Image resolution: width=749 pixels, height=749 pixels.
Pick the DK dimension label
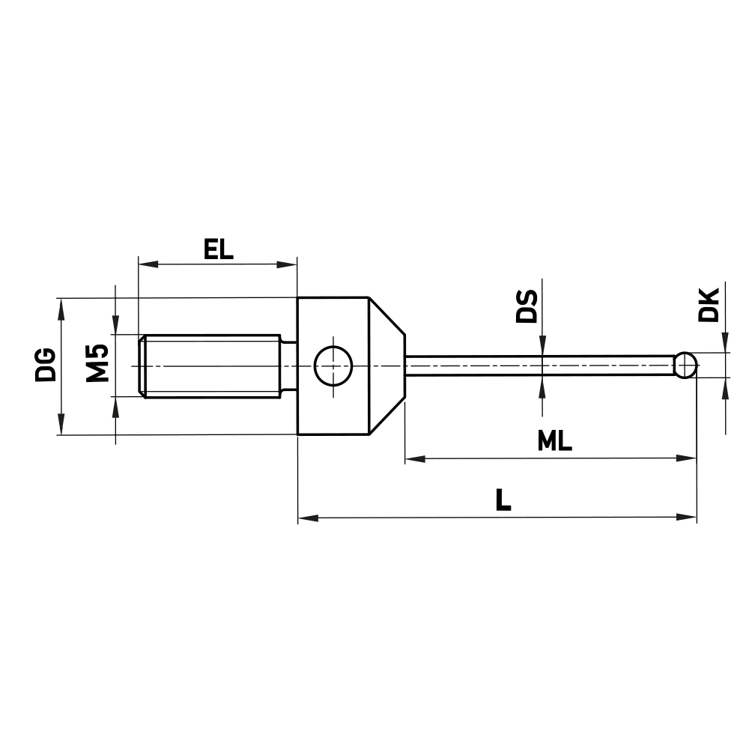click(708, 303)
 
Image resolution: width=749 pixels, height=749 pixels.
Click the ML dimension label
click(554, 442)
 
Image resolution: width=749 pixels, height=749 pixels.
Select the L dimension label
click(503, 500)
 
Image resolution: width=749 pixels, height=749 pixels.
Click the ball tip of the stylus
click(685, 366)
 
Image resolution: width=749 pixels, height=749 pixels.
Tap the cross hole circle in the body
click(333, 366)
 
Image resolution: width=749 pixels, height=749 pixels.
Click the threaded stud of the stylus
click(210, 366)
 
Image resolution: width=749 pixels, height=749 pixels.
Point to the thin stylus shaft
click(539, 366)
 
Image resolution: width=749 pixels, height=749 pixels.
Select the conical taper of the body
click(387, 366)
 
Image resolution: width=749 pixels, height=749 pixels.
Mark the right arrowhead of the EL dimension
click(289, 264)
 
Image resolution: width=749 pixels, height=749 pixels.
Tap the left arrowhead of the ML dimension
click(414, 458)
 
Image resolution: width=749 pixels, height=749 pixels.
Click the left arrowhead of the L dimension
click(307, 517)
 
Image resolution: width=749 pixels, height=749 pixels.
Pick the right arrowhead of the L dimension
click(688, 517)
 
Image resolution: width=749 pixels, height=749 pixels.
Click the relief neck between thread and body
click(289, 366)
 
